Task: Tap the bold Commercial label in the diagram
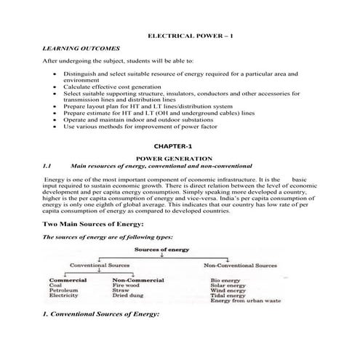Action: click(x=68, y=279)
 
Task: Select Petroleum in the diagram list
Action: click(x=64, y=291)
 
